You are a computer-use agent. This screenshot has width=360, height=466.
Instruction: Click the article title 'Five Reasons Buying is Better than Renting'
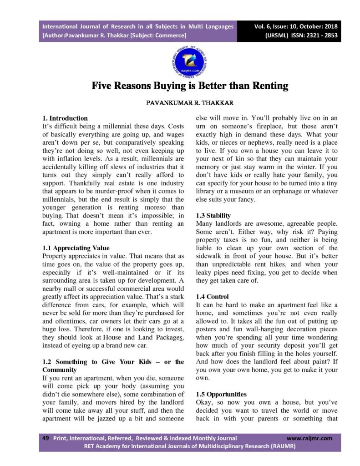pyautogui.click(x=190, y=86)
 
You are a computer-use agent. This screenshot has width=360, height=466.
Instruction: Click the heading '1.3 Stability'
pyautogui.click(x=213, y=215)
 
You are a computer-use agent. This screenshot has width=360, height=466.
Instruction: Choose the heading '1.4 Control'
pyautogui.click(x=212, y=297)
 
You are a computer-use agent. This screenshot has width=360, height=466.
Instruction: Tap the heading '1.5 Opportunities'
pyautogui.click(x=221, y=394)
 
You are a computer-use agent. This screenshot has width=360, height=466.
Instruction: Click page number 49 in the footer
pyautogui.click(x=46, y=438)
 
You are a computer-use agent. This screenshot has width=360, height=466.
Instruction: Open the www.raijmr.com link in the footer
pyautogui.click(x=309, y=438)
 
